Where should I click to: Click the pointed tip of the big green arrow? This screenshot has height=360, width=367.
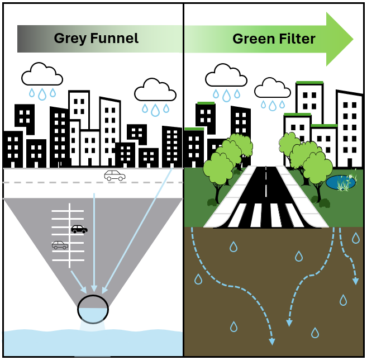pos(352,39)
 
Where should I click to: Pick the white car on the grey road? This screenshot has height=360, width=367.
pos(115,176)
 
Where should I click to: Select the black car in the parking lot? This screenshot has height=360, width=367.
pos(79,229)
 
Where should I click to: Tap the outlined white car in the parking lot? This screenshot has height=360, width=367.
pos(60,245)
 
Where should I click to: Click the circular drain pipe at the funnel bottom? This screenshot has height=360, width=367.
pos(93,309)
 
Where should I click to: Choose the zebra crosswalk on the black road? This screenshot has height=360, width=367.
pos(266,216)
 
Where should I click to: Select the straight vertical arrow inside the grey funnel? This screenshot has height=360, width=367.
pos(94,240)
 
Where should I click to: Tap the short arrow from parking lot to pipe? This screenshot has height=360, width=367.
pos(78,282)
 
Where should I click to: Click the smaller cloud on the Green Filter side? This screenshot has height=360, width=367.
pos(273,88)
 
